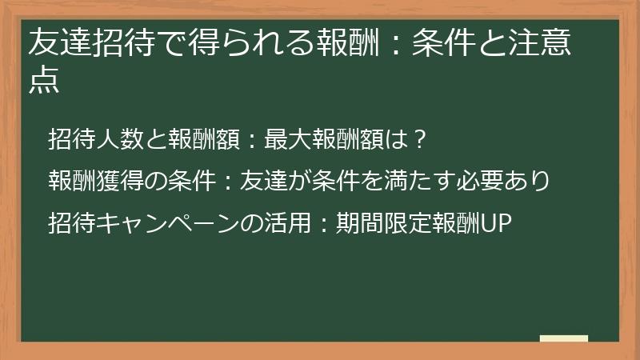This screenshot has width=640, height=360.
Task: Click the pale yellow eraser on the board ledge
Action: tap(563, 338)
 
